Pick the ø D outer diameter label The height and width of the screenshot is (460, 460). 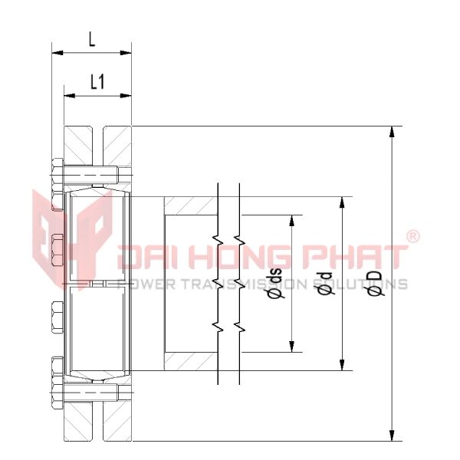tap(375, 283)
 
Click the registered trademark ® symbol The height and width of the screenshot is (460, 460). tap(412, 237)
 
